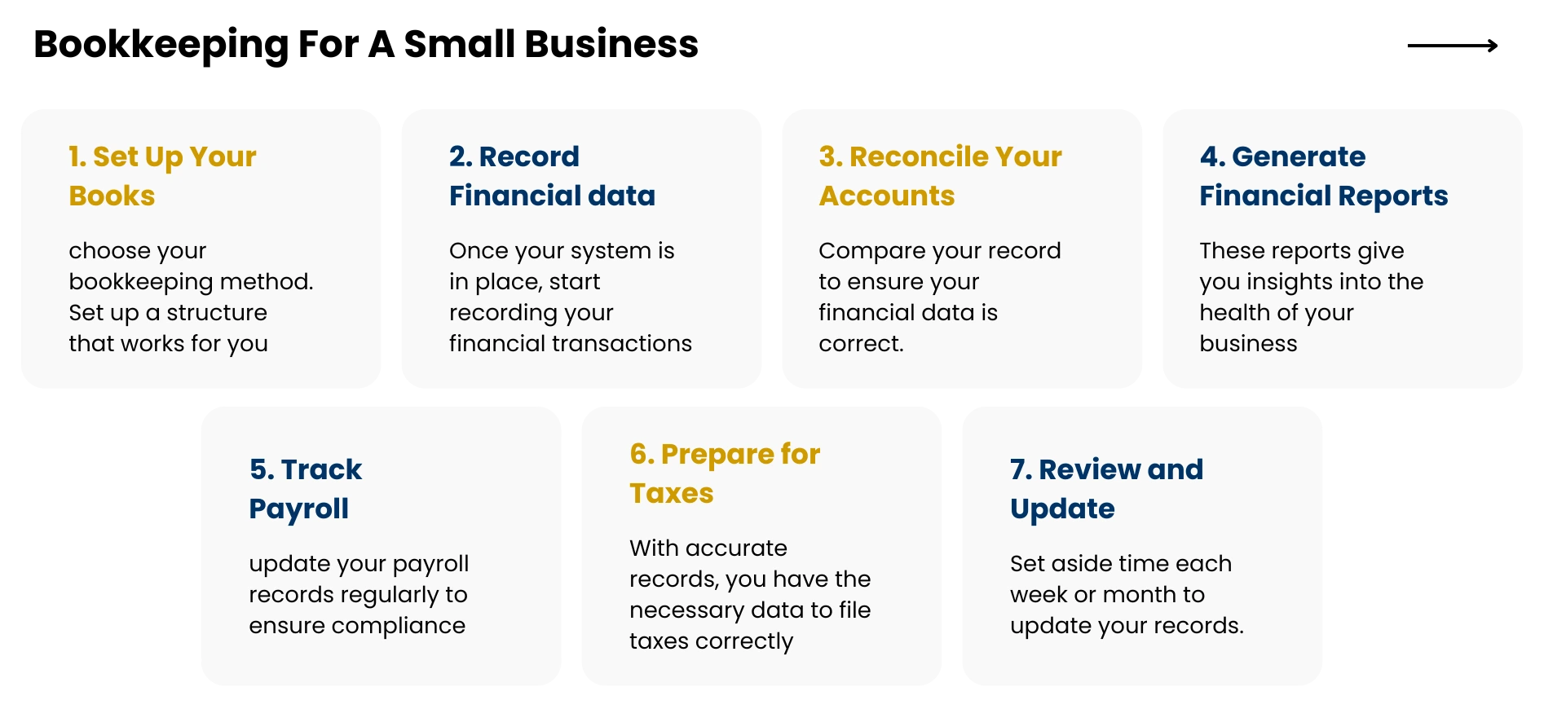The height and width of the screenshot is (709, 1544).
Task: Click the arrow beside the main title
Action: pyautogui.click(x=1453, y=46)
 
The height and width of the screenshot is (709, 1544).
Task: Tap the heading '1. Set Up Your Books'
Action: pyautogui.click(x=162, y=176)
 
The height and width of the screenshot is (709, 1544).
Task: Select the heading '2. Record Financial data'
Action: pyautogui.click(x=552, y=176)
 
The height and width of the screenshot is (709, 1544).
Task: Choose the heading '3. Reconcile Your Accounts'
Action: pyautogui.click(x=940, y=176)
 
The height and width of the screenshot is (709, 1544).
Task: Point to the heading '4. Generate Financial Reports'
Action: pyautogui.click(x=1324, y=176)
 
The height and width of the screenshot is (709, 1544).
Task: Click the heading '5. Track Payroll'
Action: pyautogui.click(x=306, y=489)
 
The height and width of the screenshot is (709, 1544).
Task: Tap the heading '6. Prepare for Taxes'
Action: pyautogui.click(x=725, y=473)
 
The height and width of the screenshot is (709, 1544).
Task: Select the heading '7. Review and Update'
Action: pyautogui.click(x=1106, y=489)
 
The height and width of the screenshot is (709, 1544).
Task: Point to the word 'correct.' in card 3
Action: pyautogui.click(x=861, y=344)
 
